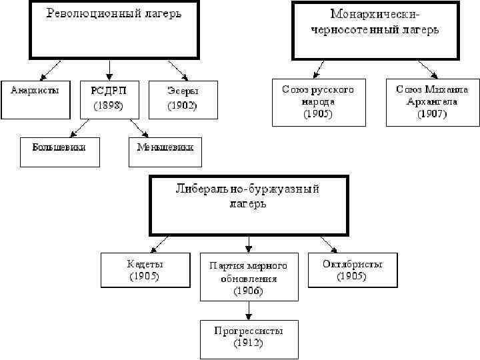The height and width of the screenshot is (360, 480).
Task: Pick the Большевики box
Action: pyautogui.click(x=60, y=152)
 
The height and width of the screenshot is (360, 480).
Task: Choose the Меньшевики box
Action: pyautogui.click(x=165, y=152)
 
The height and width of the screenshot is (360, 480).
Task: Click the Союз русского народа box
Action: pyautogui.click(x=318, y=101)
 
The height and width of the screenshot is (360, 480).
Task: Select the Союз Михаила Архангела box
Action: pyautogui.click(x=432, y=101)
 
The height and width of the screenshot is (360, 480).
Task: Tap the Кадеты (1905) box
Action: pyautogui.click(x=145, y=270)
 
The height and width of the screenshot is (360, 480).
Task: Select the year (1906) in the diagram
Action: pyautogui.click(x=248, y=291)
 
